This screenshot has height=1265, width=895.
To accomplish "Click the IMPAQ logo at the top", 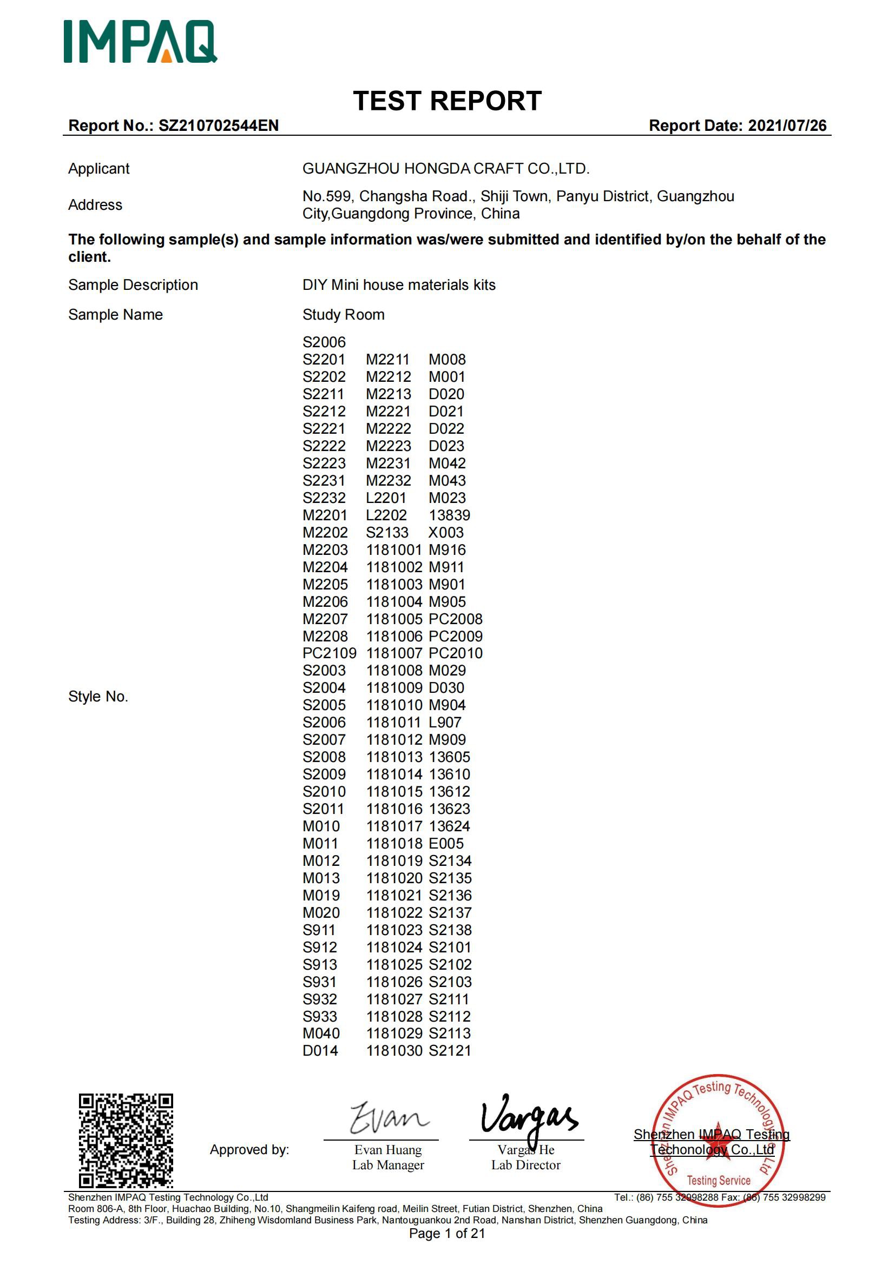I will coord(140,42).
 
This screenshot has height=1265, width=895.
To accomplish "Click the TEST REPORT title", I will coord(447,101).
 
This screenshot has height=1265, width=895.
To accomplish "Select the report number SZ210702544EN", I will coord(218,125).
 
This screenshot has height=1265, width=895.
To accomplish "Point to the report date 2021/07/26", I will coord(787,125).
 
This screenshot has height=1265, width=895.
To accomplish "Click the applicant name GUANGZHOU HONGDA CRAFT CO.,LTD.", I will coord(446,169).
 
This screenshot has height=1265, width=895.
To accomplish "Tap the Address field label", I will coord(95,205).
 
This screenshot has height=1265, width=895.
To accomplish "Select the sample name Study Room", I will coord(344,315).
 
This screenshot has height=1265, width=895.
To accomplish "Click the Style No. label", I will coord(98,697).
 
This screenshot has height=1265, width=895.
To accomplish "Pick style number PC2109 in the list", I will coord(329,653).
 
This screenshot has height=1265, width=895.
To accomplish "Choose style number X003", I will coord(446,532).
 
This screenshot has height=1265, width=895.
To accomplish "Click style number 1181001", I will coord(393,550).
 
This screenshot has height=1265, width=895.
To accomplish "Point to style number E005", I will coord(446,843).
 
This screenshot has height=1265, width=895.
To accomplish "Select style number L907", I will coord(445,723).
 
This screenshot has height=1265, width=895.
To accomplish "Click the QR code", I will coord(126,1140).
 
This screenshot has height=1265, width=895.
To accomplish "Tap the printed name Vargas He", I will coord(526,1150).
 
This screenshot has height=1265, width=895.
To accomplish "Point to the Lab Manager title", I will coord(388,1165).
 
